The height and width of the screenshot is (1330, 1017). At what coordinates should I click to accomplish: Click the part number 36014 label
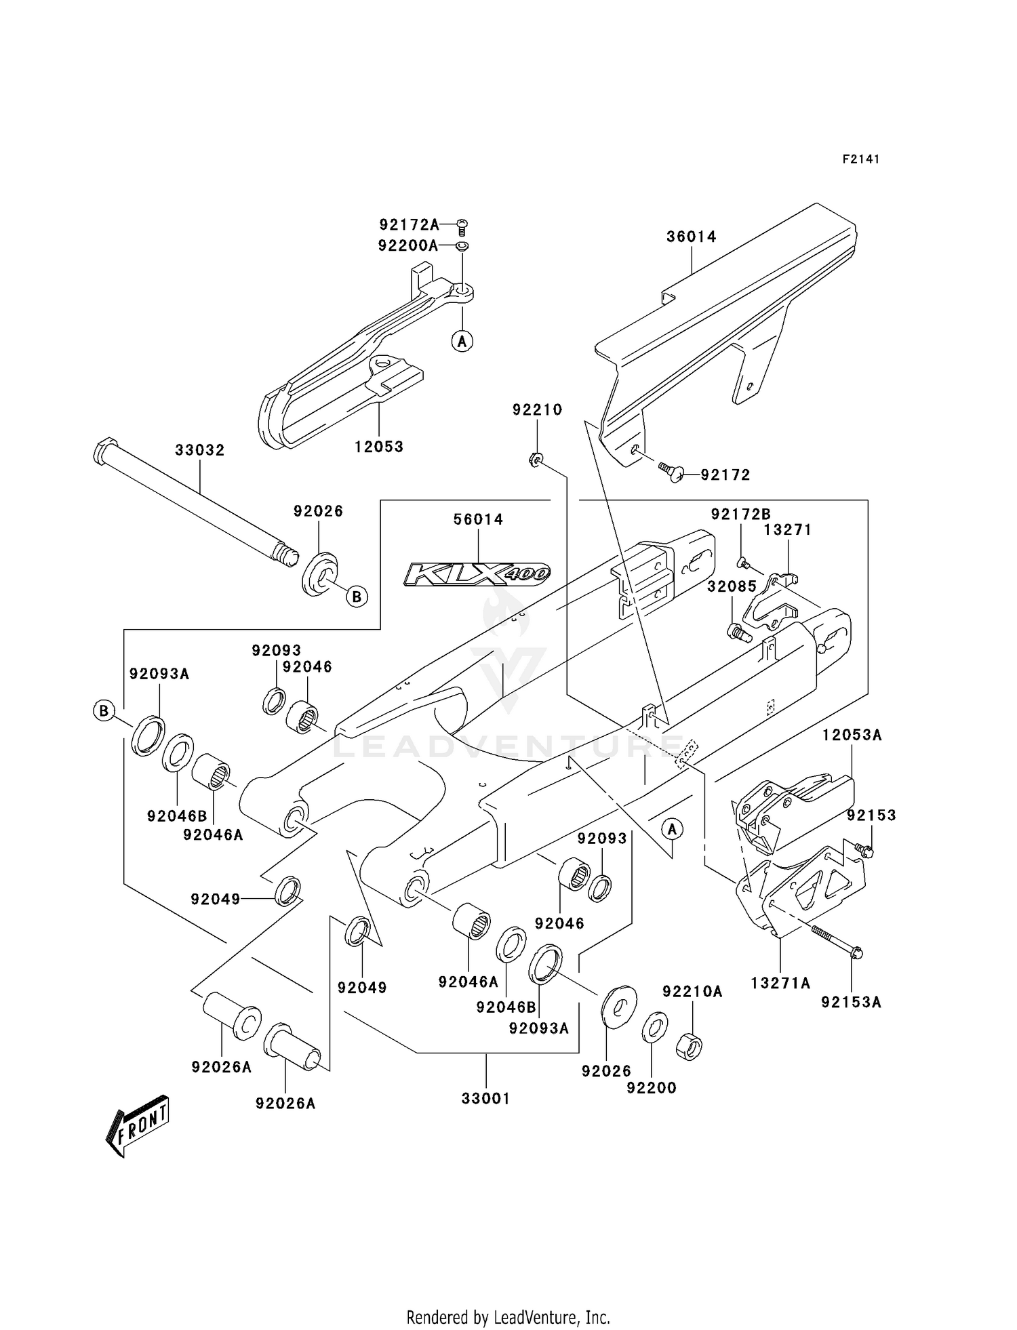tap(691, 237)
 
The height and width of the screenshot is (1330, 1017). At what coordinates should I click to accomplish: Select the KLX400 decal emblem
tap(477, 573)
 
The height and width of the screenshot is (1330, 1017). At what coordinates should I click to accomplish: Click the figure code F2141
tap(860, 159)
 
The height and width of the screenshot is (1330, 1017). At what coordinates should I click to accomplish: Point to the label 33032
tap(200, 450)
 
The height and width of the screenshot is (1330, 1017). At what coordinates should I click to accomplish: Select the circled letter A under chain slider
tap(462, 341)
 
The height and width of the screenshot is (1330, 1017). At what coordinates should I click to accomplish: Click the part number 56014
tap(478, 519)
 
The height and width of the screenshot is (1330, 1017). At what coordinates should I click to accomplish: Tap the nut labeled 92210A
tap(690, 1046)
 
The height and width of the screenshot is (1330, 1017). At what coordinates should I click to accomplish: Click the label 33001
tap(485, 1098)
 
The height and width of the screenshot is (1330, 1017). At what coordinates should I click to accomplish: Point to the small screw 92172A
tap(463, 224)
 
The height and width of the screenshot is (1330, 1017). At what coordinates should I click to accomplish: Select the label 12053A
tap(852, 735)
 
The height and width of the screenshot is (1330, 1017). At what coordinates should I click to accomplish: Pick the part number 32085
tap(732, 586)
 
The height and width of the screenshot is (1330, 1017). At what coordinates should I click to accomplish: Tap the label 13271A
tap(780, 983)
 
